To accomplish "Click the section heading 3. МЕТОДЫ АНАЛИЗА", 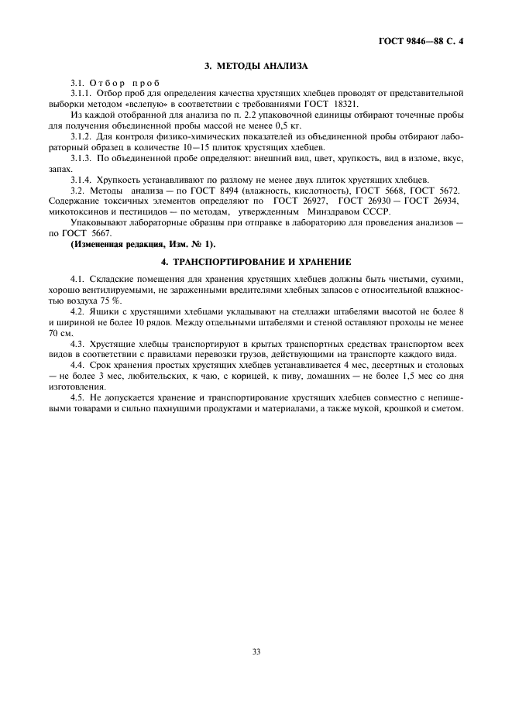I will click(256, 67).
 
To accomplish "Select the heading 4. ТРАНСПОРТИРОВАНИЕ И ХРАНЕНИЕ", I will click(256, 261).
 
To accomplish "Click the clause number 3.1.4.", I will click(81, 180).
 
